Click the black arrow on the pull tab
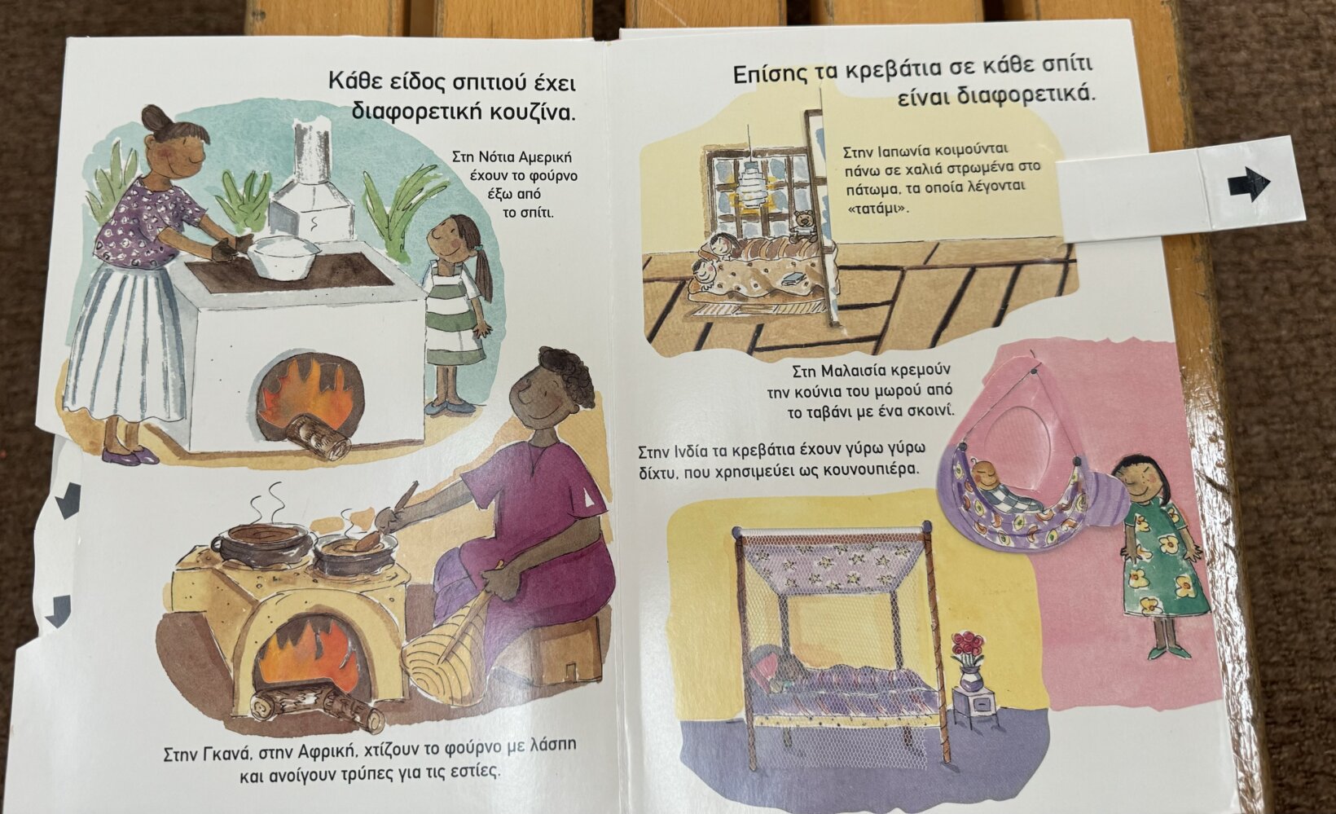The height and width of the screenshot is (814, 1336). pyautogui.click(x=1249, y=184)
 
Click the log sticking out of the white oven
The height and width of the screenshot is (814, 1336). pyautogui.click(x=319, y=437)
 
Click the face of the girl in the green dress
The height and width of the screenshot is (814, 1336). pyautogui.click(x=1135, y=480)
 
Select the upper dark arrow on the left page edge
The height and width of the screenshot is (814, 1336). pyautogui.click(x=68, y=500)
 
